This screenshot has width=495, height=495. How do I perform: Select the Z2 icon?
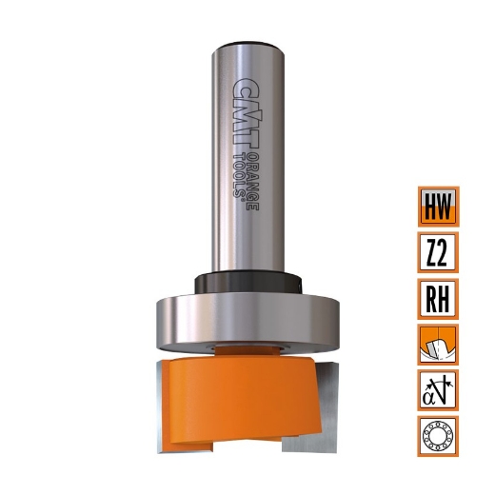point(438,252)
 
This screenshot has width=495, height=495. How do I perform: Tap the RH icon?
point(438,298)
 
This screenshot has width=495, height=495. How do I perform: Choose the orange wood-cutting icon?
point(438,344)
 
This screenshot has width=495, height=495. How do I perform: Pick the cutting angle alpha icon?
point(438,389)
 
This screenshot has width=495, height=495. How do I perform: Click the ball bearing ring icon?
point(438,435)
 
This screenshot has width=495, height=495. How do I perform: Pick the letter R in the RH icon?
point(430,298)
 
